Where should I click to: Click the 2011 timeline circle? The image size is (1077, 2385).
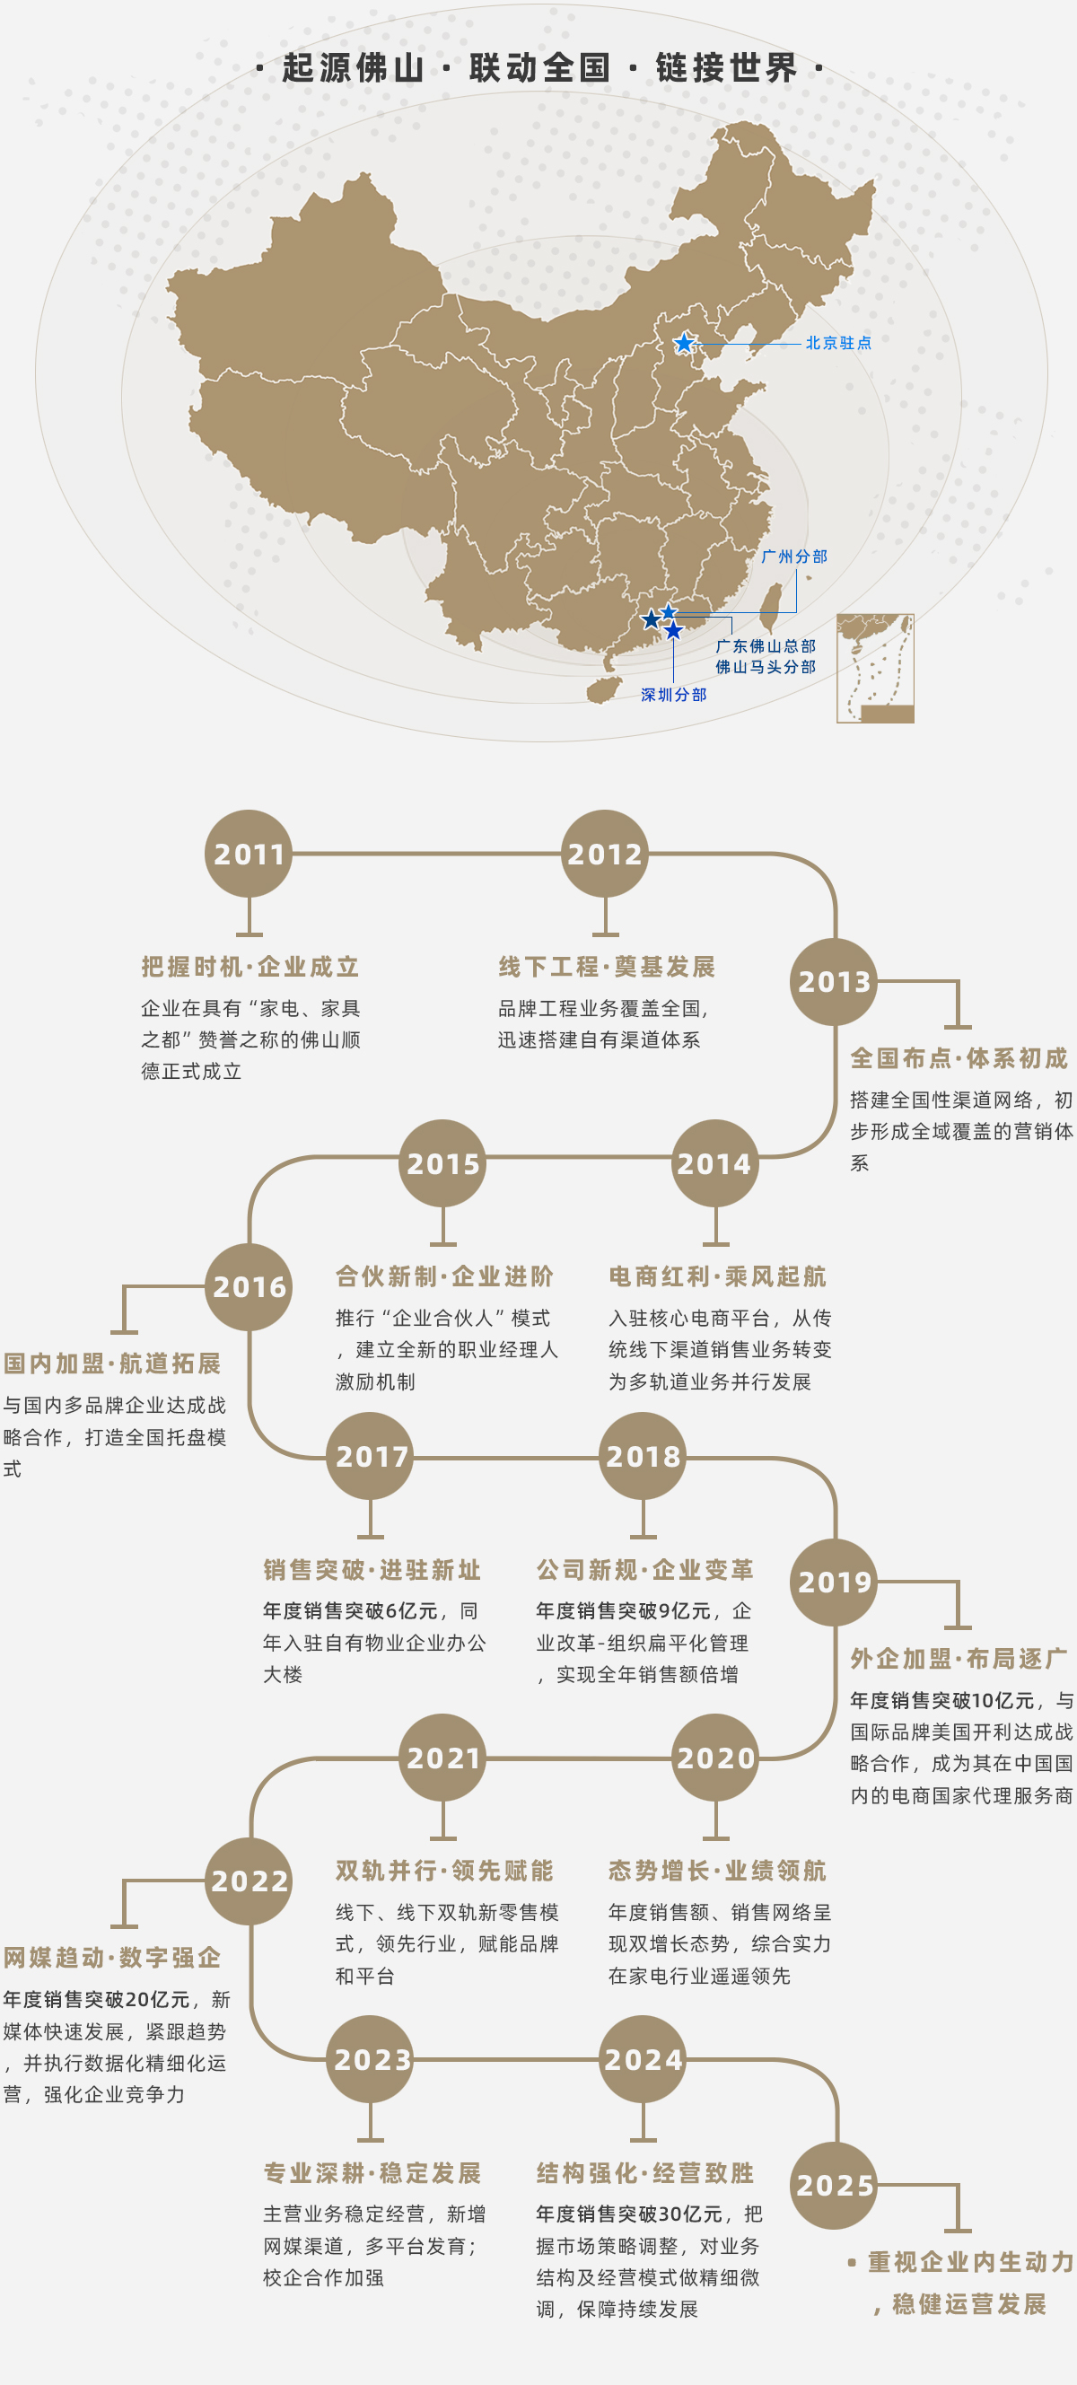tap(249, 854)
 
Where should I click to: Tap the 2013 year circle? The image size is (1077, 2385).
tap(834, 981)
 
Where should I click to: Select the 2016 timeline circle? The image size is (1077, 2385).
tap(249, 1287)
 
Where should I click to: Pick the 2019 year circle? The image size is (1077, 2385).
tap(834, 1583)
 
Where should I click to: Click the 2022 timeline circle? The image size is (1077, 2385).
tap(249, 1881)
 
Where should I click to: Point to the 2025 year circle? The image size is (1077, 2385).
tap(834, 2185)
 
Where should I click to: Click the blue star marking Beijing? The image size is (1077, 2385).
tap(683, 344)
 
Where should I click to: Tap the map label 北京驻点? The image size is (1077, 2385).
tap(838, 344)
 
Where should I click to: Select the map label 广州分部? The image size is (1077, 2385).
tap(793, 557)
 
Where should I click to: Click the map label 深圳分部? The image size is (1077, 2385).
tap(673, 695)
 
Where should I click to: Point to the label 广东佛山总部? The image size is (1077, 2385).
tap(765, 646)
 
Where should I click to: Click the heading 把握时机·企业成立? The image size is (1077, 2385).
tap(250, 967)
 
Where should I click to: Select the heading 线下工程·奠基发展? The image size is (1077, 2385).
tap(607, 967)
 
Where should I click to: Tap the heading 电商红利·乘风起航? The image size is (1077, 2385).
tap(717, 1276)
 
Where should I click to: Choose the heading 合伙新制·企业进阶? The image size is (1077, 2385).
tap(443, 1276)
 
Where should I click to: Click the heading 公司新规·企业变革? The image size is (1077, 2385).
tap(644, 1570)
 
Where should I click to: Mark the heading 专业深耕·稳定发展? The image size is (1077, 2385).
tap(372, 2173)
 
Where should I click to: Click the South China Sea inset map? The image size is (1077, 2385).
tap(875, 668)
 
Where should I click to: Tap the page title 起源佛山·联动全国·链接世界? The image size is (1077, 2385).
tap(539, 67)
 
